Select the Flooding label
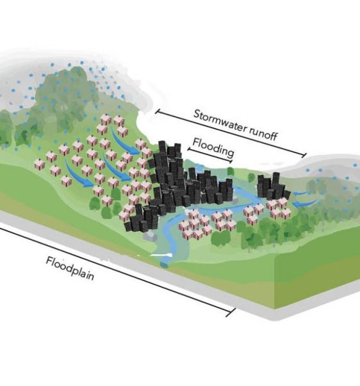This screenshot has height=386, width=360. click(x=213, y=147)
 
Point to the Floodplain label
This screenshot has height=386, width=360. click(x=70, y=268)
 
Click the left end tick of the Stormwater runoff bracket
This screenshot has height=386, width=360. click(x=157, y=112)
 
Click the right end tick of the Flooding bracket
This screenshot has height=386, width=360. click(x=231, y=161)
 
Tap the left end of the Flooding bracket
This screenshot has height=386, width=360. click(x=189, y=149)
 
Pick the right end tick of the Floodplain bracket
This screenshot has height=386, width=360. click(x=230, y=313)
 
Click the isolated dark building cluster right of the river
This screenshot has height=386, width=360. click(x=272, y=187)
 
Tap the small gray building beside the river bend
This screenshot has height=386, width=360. click(x=150, y=236)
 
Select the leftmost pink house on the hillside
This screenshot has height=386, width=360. click(x=39, y=164)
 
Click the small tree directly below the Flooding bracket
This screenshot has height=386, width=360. click(x=230, y=171)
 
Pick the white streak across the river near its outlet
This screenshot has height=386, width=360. click(x=161, y=255)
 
